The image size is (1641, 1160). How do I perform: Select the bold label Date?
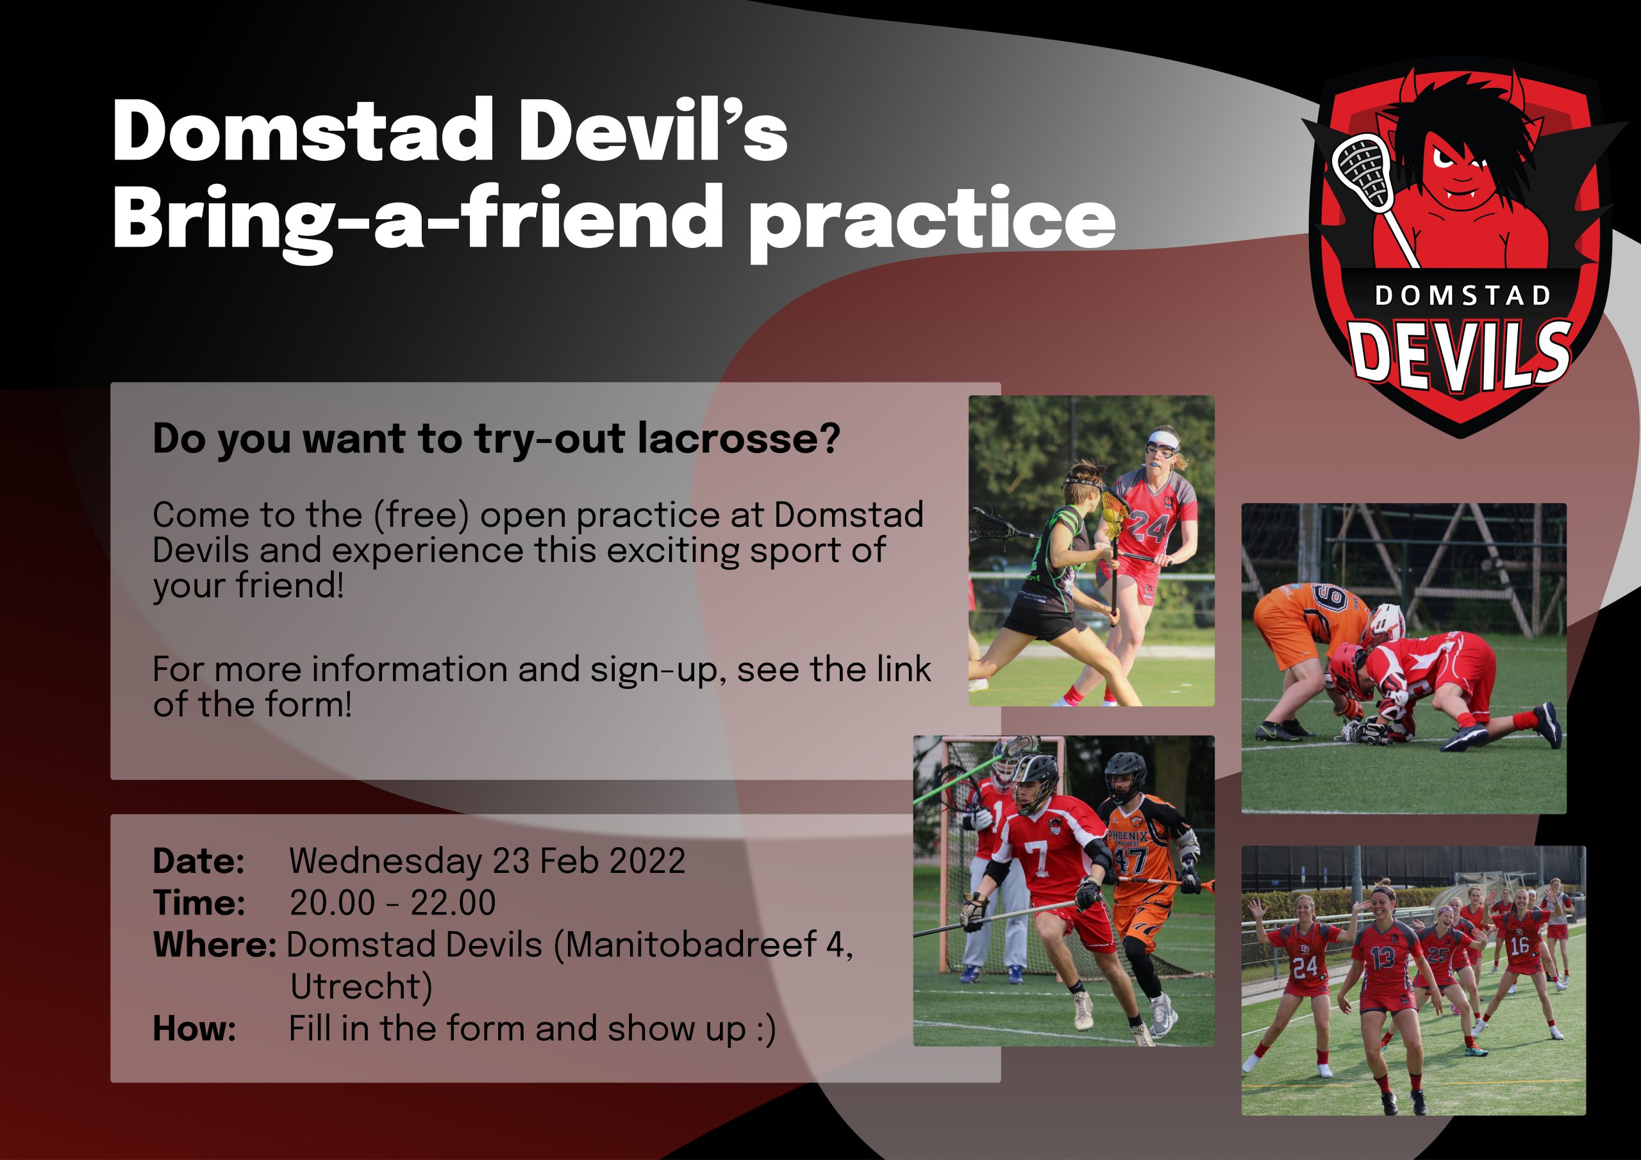[199, 861]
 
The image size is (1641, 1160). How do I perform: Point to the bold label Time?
[199, 904]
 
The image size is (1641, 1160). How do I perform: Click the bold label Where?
[214, 945]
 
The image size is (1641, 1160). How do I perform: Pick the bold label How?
[194, 1029]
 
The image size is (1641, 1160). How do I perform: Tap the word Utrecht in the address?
[361, 987]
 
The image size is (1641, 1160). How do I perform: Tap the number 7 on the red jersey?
[1037, 858]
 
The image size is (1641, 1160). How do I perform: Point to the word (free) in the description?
[421, 515]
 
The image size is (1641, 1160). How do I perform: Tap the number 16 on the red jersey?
[1519, 945]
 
